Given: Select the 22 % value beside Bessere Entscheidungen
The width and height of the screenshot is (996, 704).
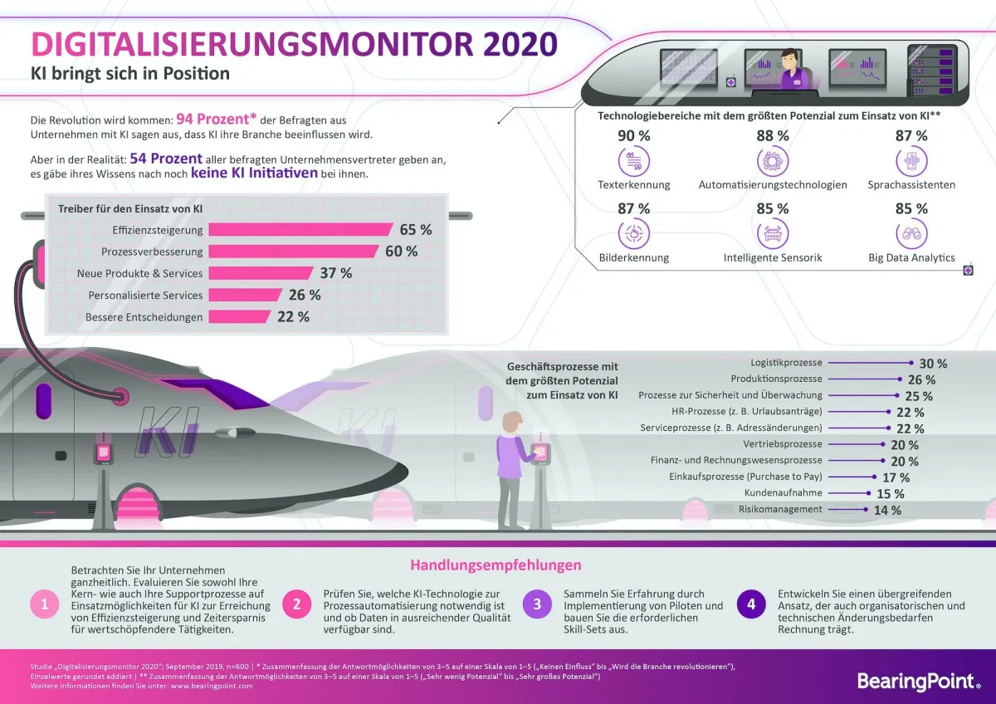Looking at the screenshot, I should (x=292, y=316).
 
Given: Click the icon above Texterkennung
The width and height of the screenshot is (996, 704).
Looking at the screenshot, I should (x=634, y=161).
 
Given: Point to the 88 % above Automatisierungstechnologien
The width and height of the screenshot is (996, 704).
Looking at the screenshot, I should (x=773, y=135).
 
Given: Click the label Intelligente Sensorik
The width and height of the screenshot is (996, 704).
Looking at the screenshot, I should (x=772, y=257).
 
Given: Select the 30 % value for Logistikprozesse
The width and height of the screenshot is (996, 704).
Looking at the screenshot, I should (x=932, y=364).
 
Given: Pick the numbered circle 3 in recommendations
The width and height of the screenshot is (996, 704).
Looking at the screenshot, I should (x=537, y=604).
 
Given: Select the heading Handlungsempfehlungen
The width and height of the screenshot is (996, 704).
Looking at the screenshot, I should (x=496, y=565).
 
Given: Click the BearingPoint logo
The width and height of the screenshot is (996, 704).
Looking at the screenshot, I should (x=917, y=681).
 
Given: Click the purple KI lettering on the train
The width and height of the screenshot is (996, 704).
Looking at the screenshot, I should (x=170, y=428).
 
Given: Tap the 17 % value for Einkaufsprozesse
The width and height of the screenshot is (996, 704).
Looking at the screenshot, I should (x=895, y=477).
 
